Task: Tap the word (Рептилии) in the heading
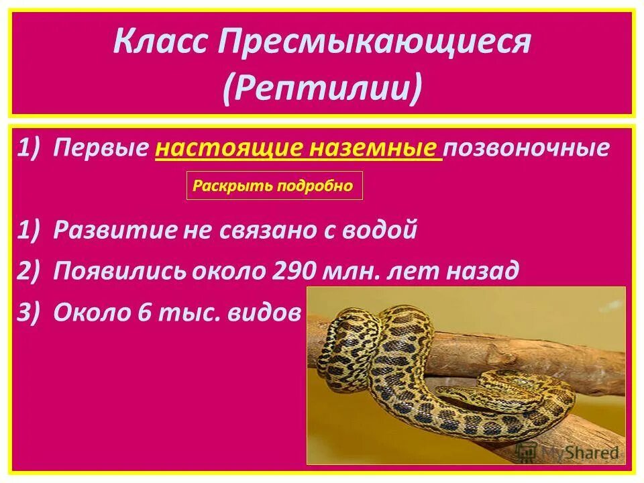pos(322,87)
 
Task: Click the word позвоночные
pos(526,148)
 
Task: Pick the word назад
pos(480,271)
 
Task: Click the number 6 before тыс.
pos(146,313)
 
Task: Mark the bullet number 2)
pos(31,271)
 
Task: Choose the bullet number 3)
pos(31,313)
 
